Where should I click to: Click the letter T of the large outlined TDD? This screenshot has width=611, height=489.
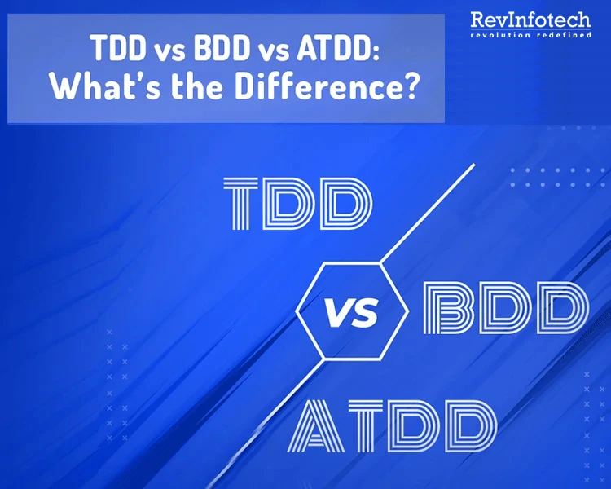[247, 205]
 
